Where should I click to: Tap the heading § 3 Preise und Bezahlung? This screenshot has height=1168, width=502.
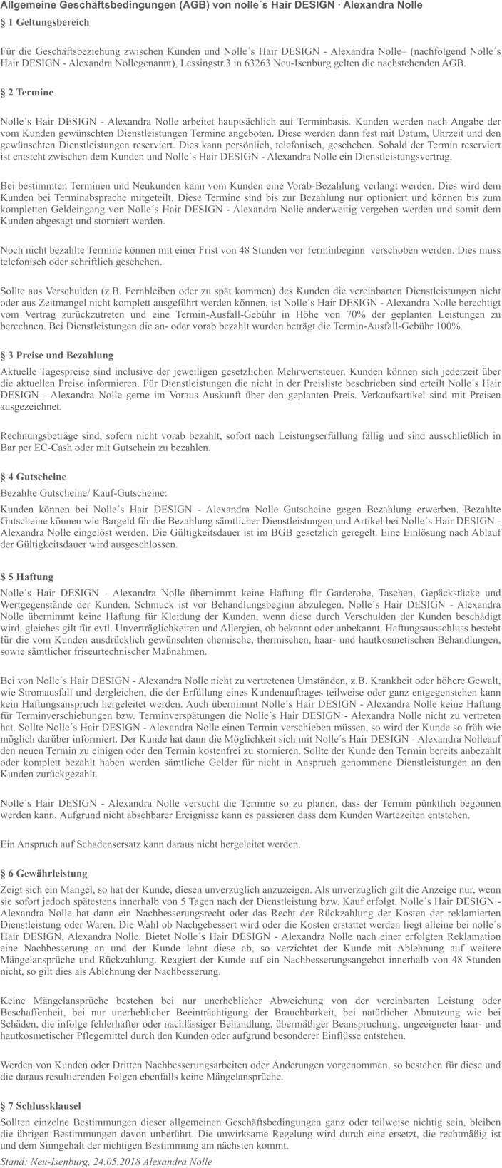57,355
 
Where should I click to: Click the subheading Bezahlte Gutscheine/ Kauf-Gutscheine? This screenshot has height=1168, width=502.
85,492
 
